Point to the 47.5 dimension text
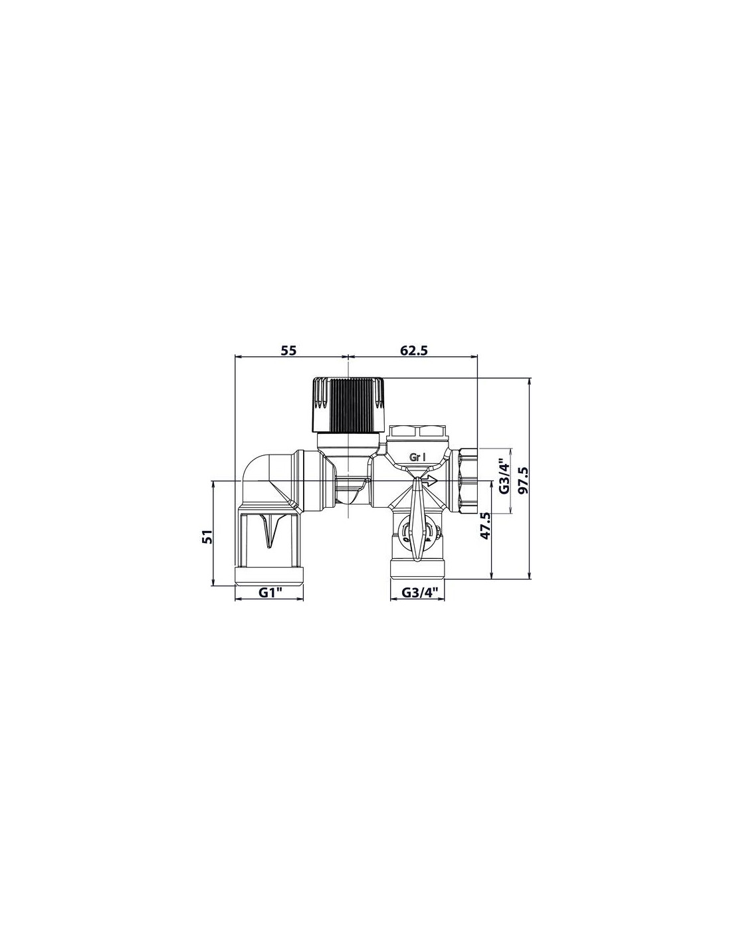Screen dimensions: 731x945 tap(485, 526)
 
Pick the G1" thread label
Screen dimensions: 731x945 tap(271, 592)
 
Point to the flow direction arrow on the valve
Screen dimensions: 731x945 tap(431, 480)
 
